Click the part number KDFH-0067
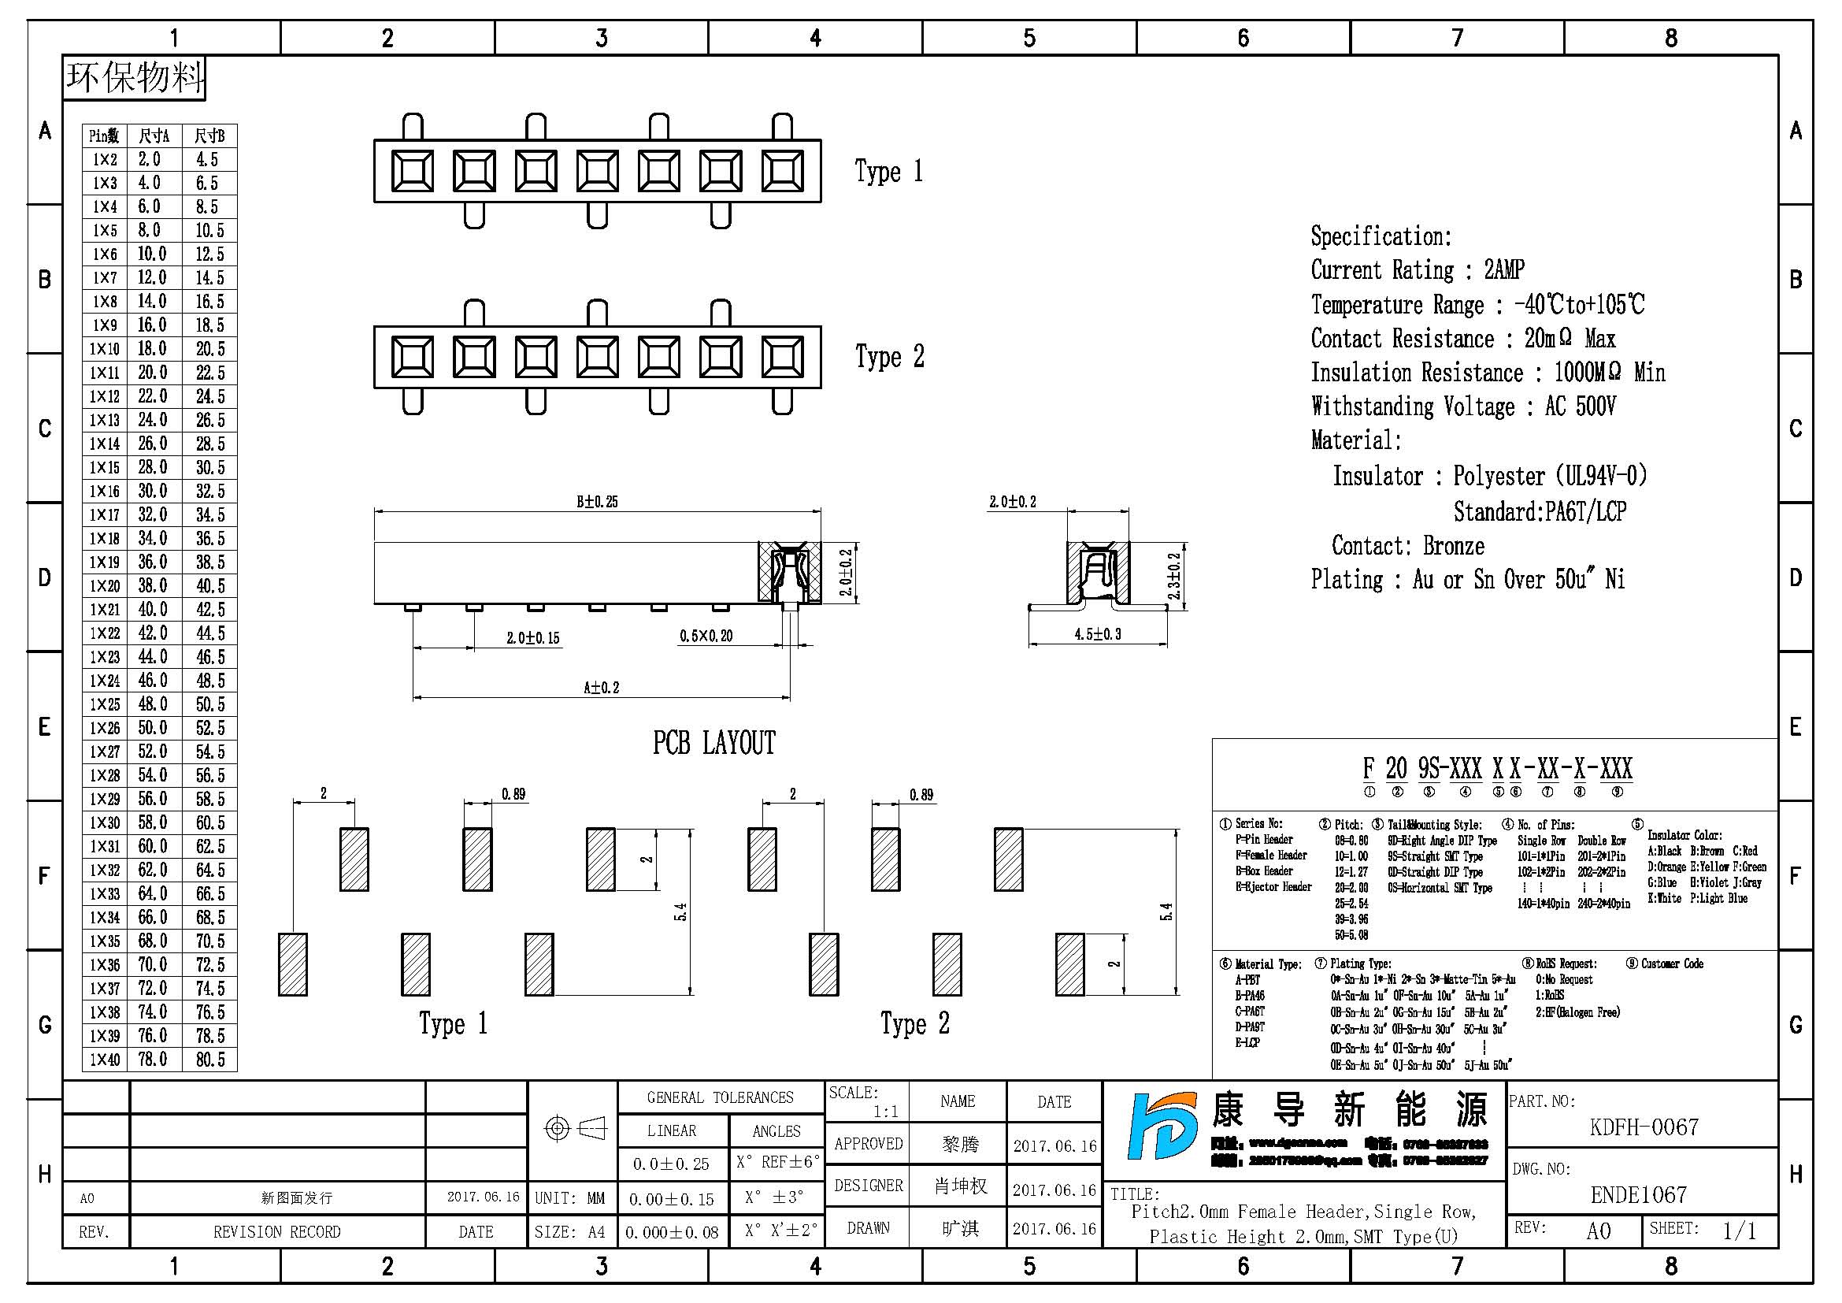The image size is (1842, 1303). tap(1644, 1127)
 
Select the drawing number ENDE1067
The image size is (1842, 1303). tap(1638, 1195)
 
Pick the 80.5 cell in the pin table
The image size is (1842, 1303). tap(210, 1060)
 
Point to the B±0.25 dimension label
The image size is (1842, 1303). tap(597, 503)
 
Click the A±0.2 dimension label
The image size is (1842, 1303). tap(601, 688)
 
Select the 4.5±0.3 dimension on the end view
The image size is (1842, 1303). tap(1098, 635)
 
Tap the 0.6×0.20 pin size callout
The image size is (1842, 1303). tap(706, 637)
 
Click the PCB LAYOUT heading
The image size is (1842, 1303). tap(714, 743)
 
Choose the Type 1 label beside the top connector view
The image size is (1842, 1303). tap(889, 172)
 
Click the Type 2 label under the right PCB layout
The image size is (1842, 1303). tap(914, 1025)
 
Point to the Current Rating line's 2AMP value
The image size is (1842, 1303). tap(1504, 270)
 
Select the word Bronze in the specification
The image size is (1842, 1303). tap(1454, 547)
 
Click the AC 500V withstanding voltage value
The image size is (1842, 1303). tap(1580, 406)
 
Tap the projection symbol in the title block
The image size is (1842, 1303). tap(575, 1129)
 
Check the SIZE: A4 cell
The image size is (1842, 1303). tap(570, 1231)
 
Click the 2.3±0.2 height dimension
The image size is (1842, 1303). tap(1174, 575)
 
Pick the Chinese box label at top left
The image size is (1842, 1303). tap(134, 78)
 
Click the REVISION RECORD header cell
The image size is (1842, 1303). tap(276, 1231)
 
